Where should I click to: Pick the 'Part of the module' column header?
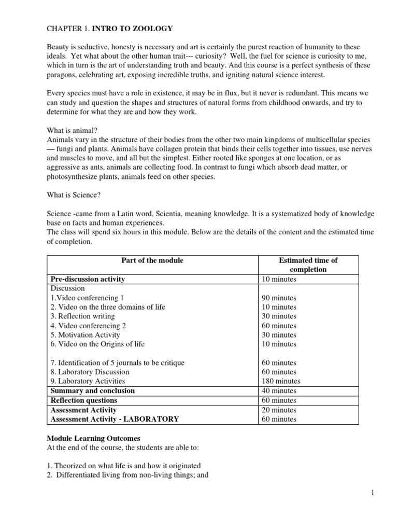click(152, 260)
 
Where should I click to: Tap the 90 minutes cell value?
click(280, 298)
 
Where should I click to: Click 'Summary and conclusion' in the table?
click(92, 390)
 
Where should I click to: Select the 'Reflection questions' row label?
click(83, 400)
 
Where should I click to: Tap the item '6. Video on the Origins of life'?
click(97, 344)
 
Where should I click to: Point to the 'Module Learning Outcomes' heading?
click(94, 438)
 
